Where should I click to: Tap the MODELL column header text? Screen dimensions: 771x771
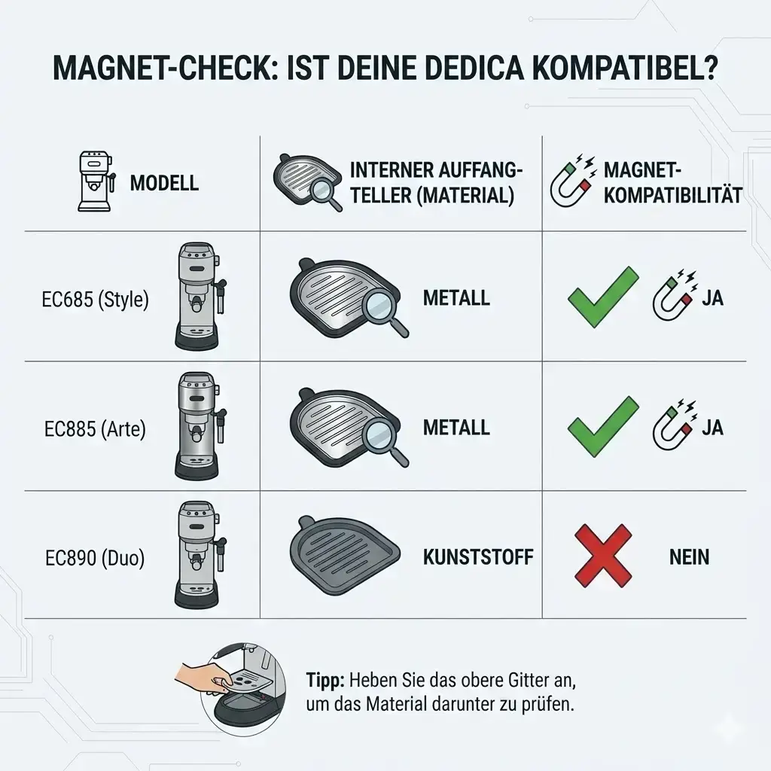164,183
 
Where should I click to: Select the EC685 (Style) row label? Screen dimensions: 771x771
95,300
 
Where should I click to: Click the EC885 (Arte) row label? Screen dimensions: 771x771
95,428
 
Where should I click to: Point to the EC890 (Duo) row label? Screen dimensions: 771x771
95,558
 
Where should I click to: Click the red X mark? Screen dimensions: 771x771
603,555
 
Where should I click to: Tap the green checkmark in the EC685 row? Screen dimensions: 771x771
603,297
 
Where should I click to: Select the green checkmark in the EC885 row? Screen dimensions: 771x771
603,426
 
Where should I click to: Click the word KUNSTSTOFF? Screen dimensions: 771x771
478,557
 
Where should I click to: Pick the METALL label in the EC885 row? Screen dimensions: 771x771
456,428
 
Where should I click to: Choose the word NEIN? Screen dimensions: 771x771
689,557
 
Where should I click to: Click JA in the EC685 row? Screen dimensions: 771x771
712,298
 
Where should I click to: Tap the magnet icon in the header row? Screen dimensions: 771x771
573,180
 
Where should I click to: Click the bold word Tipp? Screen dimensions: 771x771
325,681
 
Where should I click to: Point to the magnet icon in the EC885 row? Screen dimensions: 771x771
674,422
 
